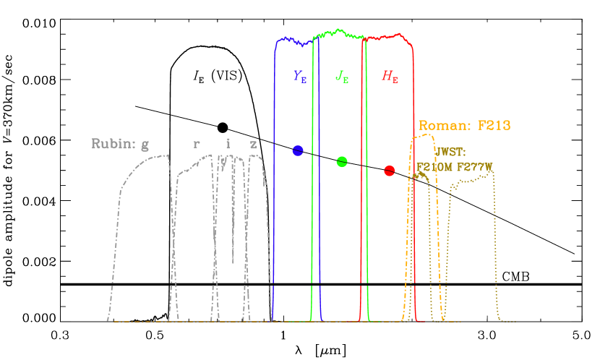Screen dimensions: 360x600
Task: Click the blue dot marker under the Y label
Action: (297, 150)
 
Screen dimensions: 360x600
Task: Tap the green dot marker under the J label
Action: (342, 162)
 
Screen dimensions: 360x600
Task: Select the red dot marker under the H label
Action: (390, 171)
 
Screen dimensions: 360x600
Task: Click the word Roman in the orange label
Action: (442, 125)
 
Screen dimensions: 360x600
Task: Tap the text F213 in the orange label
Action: (494, 125)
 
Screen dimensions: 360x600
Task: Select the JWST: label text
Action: (451, 153)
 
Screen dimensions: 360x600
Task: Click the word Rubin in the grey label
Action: (113, 143)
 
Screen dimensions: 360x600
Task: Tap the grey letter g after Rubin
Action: (145, 144)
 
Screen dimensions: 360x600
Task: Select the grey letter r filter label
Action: (197, 143)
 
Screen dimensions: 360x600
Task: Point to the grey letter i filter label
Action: (228, 143)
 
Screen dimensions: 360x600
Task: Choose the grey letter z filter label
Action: (253, 143)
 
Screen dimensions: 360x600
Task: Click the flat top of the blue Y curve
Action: (293, 40)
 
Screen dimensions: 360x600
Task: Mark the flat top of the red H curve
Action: (390, 36)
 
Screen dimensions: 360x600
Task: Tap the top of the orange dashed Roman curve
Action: (422, 136)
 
